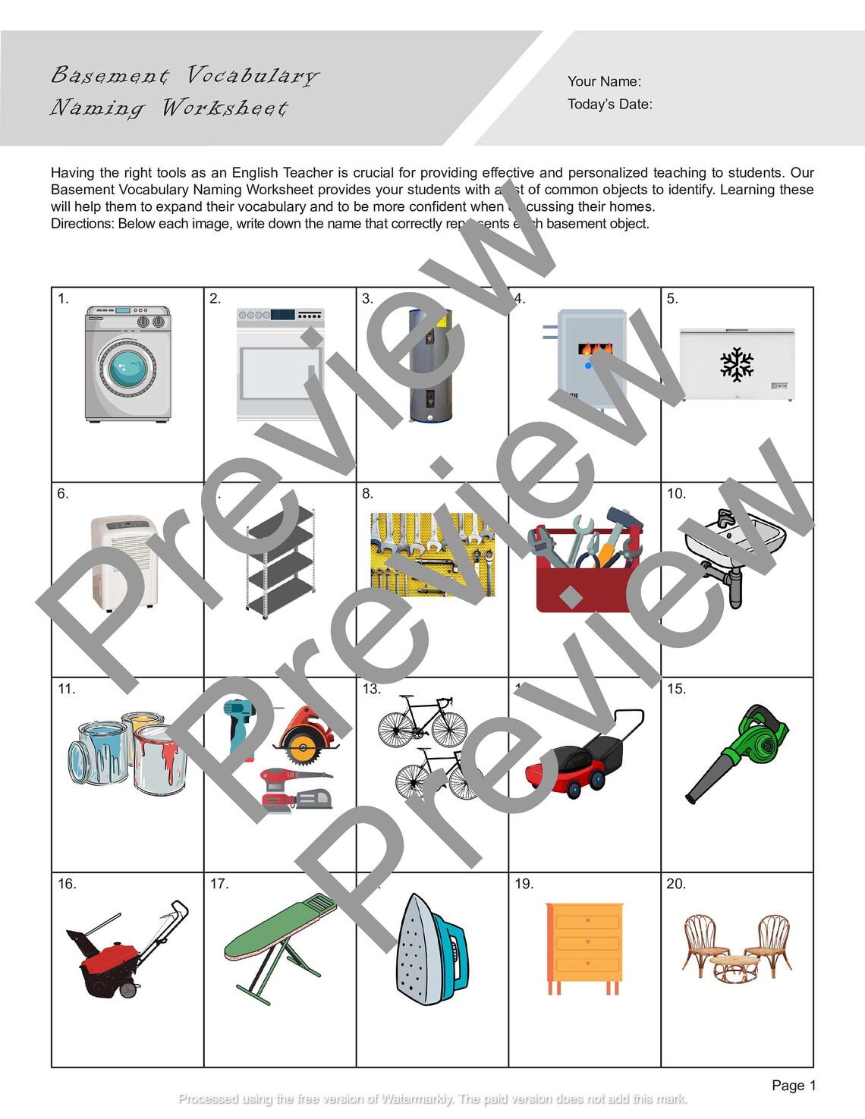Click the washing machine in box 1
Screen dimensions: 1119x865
(x=127, y=364)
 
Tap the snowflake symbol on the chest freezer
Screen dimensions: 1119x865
(x=736, y=364)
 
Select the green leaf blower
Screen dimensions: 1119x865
(x=740, y=751)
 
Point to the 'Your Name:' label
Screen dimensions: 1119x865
(x=604, y=81)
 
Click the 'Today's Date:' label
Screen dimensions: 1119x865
(x=609, y=104)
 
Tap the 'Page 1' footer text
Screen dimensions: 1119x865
(x=793, y=1085)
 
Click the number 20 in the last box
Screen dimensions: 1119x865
(x=675, y=884)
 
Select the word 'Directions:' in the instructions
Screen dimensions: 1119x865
(x=82, y=224)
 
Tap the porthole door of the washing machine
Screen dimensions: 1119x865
(x=127, y=368)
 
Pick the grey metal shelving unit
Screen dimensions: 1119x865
(x=280, y=561)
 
